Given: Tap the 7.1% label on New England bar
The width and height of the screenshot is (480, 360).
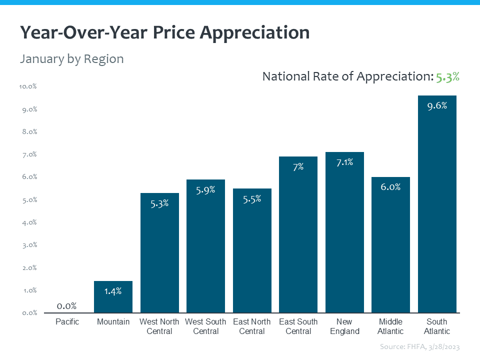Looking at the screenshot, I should [344, 162].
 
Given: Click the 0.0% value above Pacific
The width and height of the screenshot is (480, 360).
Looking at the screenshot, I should [66, 305].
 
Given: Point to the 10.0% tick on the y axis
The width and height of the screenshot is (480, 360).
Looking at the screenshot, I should [28, 86].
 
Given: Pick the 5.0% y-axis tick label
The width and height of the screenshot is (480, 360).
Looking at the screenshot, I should [29, 200].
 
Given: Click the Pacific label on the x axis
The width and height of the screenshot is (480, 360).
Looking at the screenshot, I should [67, 321].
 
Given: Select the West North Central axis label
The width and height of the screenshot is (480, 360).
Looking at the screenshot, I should [159, 326].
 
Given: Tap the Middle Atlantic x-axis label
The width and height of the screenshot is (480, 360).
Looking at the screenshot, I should [390, 326].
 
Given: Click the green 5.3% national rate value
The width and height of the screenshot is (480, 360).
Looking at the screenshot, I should [447, 77].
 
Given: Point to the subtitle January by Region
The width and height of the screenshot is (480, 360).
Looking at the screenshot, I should [71, 59].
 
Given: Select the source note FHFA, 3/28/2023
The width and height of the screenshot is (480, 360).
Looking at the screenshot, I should [419, 346].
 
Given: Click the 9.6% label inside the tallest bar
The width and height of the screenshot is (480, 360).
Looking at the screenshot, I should [437, 105].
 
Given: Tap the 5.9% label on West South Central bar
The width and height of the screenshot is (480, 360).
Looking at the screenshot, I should [205, 189].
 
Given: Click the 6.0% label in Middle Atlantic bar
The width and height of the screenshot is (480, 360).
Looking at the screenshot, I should [390, 187].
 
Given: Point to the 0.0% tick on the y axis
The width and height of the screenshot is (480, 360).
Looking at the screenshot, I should [29, 313].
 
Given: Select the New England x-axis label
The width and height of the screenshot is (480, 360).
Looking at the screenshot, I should [344, 326].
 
